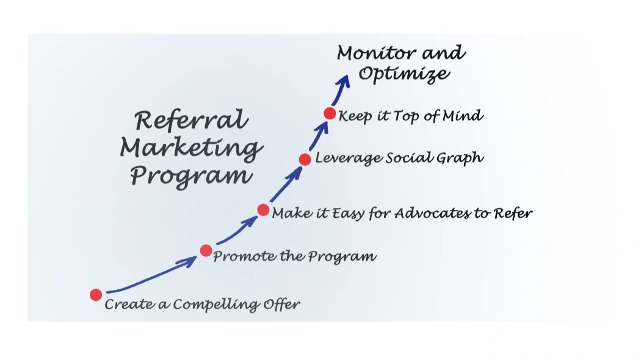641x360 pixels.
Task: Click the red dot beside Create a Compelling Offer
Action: click(96, 295)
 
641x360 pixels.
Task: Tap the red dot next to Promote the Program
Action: click(206, 250)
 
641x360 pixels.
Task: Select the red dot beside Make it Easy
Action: click(263, 210)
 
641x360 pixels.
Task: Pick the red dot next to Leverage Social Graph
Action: click(305, 159)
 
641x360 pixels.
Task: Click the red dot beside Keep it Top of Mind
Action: click(330, 113)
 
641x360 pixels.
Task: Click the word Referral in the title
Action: click(191, 120)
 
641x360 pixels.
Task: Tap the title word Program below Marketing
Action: click(191, 176)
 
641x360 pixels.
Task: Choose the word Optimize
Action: click(404, 74)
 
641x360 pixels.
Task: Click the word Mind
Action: click(463, 115)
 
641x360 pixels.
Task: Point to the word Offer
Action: click(281, 303)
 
